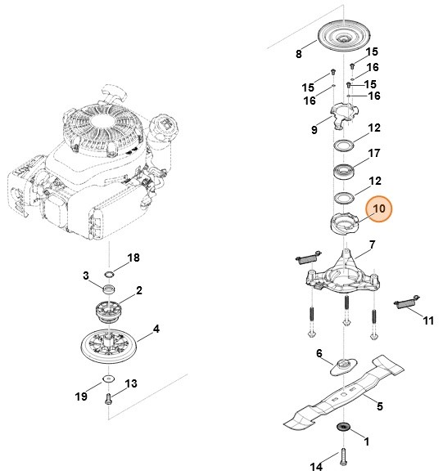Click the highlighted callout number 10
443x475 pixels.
[379, 210]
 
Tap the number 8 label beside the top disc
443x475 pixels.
[299, 56]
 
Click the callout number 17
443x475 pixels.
[374, 153]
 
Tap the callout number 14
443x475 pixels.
[316, 467]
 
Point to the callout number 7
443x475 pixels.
[372, 244]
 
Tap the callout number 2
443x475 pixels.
[139, 290]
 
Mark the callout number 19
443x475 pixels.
[81, 397]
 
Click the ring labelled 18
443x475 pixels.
[109, 272]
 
